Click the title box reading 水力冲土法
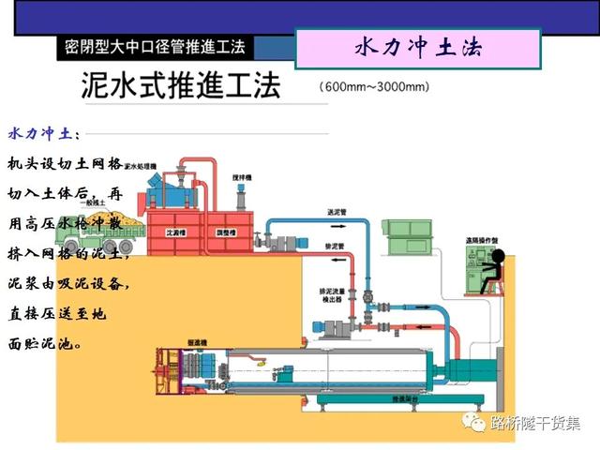click(418, 49)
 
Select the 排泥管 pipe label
click(335, 246)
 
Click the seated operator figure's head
click(499, 256)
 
